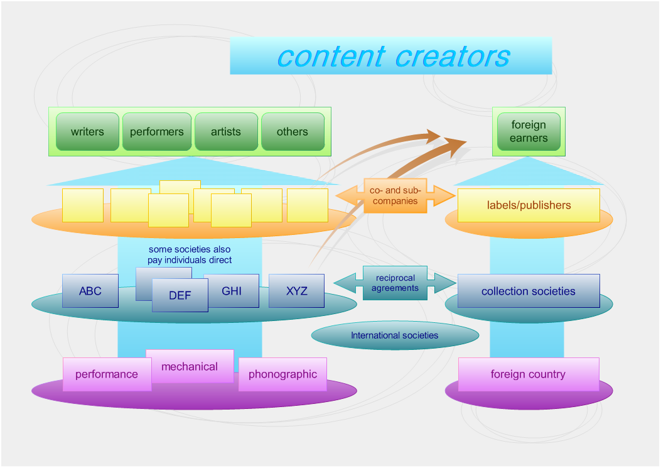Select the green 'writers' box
point(87,132)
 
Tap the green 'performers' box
point(157,132)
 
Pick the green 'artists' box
point(226,132)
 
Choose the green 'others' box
point(293,132)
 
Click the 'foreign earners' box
point(529,132)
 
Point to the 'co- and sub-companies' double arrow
point(395,196)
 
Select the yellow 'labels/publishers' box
point(529,205)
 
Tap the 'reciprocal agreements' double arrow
point(395,283)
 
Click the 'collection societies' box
point(529,291)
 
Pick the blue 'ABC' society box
point(90,291)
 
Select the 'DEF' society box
point(180,296)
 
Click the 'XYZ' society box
point(297,291)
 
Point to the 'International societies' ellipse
point(395,335)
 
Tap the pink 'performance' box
point(107,375)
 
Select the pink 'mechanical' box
point(190,366)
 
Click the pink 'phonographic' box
point(282,375)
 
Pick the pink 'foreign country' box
point(529,375)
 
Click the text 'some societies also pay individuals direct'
point(190,255)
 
